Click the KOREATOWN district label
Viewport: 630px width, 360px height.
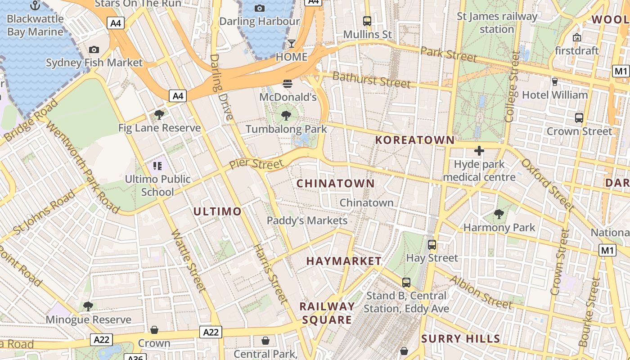[x=415, y=140]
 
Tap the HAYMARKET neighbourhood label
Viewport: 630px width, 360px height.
[x=344, y=261]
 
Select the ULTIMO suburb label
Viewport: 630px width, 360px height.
[x=217, y=211]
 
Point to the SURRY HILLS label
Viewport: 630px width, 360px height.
[x=460, y=339]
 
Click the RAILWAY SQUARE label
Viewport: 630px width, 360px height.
[x=327, y=313]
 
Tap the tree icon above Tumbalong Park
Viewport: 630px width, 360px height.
[x=286, y=116]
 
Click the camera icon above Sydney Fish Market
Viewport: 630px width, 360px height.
[x=94, y=49]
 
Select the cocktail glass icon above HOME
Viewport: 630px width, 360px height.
[x=292, y=44]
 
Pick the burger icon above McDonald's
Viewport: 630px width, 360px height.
[x=288, y=83]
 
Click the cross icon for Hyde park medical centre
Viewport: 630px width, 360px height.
[x=479, y=151]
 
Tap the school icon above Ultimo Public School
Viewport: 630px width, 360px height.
[x=157, y=166]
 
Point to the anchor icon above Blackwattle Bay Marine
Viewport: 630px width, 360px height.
[x=35, y=5]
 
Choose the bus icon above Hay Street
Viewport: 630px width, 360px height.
[x=432, y=245]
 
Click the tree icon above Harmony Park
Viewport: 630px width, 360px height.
[x=499, y=214]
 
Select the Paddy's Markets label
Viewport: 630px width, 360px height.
[x=307, y=220]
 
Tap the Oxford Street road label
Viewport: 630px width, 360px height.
[x=548, y=184]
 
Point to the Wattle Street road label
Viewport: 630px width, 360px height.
[x=189, y=261]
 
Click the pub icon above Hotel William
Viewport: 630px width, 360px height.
[x=554, y=81]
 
